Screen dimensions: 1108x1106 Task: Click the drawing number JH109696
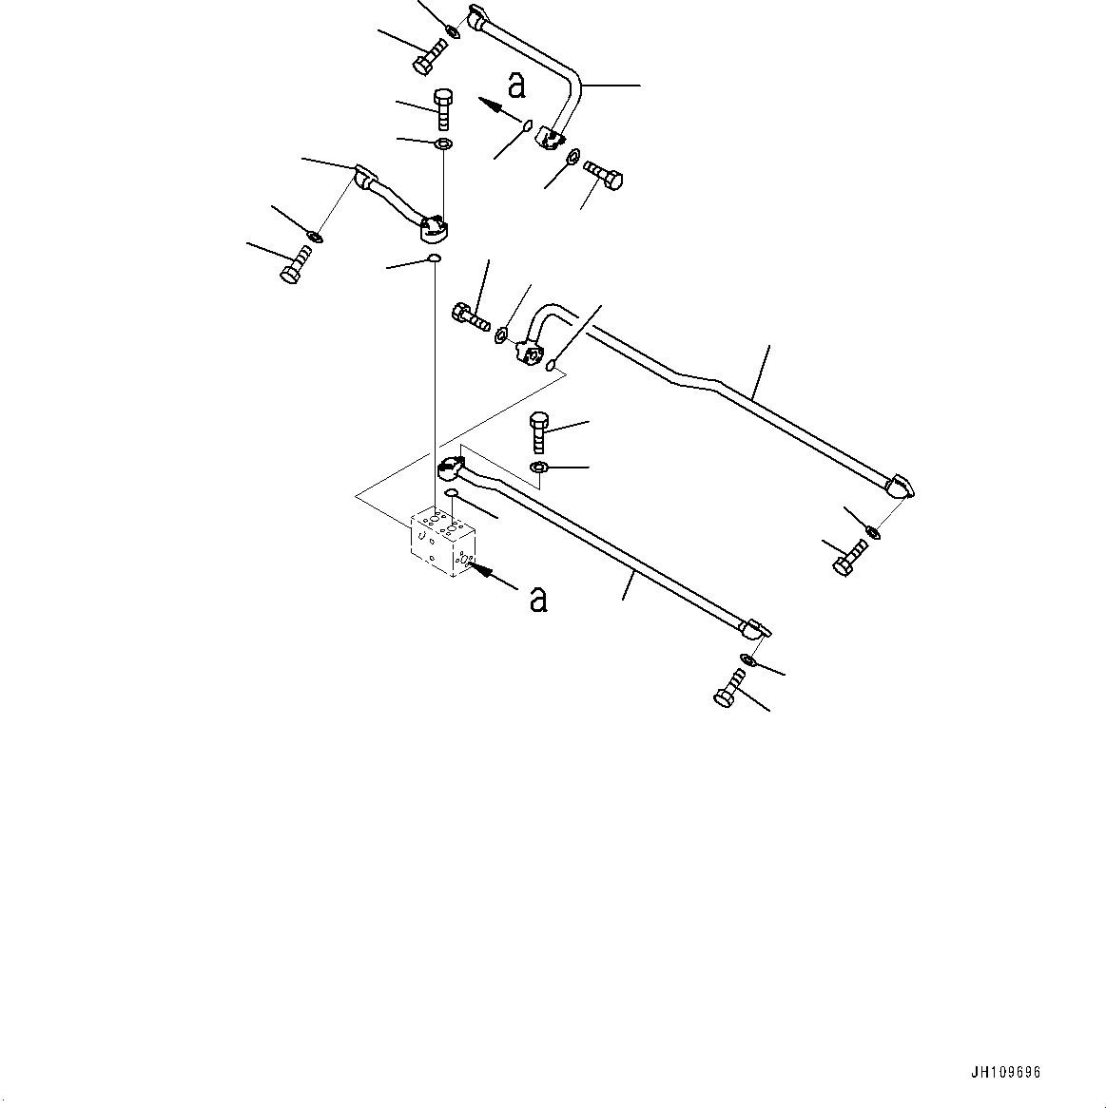1005,1073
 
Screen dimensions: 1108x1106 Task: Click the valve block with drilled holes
442,542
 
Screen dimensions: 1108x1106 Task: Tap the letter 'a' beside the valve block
538,599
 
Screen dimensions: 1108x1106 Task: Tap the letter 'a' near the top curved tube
516,86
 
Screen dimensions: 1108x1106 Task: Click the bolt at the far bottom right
729,688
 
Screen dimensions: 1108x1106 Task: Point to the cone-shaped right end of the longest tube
899,488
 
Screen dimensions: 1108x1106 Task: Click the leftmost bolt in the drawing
295,265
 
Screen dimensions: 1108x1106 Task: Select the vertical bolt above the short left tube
443,108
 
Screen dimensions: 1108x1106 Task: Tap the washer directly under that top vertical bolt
443,144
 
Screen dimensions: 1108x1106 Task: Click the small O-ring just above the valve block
452,493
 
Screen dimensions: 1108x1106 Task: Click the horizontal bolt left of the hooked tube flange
469,315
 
